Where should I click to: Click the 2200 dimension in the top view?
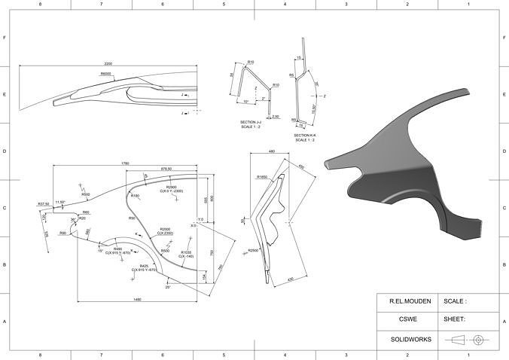[x=109, y=64]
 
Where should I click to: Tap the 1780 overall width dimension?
[x=124, y=163]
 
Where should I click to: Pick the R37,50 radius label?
[x=44, y=203]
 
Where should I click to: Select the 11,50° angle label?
[x=60, y=202]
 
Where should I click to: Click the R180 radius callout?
[x=135, y=196]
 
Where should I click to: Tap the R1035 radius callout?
[x=187, y=252]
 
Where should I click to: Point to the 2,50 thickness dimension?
[x=276, y=117]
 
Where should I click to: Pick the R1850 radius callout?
[x=262, y=177]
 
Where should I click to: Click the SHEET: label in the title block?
[x=454, y=319]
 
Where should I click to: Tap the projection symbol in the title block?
[x=468, y=340]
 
